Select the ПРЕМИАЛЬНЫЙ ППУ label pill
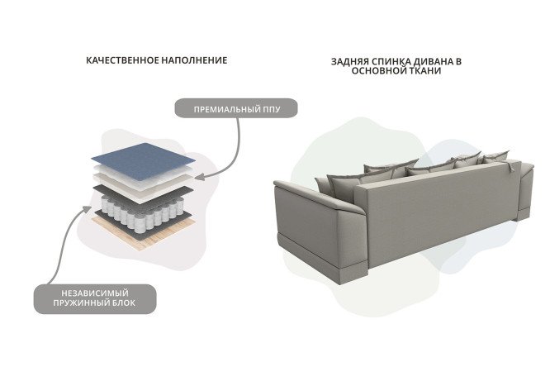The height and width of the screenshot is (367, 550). coord(236,108)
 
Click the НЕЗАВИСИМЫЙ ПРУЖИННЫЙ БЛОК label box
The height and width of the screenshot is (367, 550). coord(95,298)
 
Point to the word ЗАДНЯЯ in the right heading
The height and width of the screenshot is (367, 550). coord(349,62)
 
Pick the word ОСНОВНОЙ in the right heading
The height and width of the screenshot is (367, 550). coord(380,71)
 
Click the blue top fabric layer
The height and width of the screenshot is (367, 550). coord(143,160)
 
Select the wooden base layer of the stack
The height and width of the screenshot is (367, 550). coord(144,231)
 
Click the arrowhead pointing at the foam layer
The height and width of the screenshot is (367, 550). coord(199,177)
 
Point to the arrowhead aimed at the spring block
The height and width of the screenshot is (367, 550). coord(87,209)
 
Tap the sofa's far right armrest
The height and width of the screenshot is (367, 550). coord(524,189)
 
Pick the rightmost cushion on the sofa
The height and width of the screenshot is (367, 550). coord(495,156)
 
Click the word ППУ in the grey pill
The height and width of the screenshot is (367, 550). coord(272,109)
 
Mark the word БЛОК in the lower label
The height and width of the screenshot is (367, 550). coord(124,303)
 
